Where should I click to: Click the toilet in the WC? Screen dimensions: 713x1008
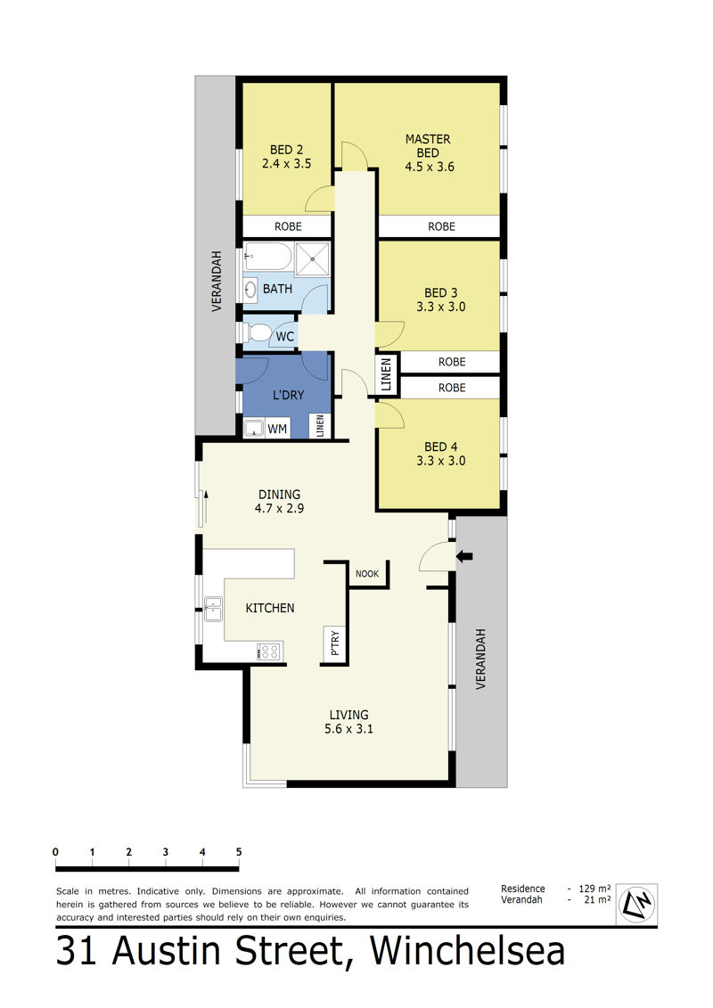tap(258, 332)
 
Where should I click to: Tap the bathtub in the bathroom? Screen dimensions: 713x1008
tap(269, 257)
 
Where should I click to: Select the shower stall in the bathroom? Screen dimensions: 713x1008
tap(313, 259)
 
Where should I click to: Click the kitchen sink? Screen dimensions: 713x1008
tap(213, 610)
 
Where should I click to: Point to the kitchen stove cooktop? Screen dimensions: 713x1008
tap(269, 652)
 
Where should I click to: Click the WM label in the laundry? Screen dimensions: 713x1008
tap(277, 429)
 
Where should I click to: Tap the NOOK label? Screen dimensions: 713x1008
tap(367, 573)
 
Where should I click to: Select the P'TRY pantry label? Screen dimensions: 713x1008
tap(334, 643)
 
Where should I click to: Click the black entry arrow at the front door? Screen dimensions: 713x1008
tap(464, 556)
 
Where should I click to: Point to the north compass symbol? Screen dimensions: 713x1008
tap(636, 903)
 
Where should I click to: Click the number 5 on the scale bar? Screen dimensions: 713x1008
tap(239, 852)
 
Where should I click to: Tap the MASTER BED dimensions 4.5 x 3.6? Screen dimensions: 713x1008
tap(430, 168)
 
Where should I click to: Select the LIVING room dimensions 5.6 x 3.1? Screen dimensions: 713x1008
tap(348, 729)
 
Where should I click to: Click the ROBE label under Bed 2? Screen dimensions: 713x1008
tap(288, 226)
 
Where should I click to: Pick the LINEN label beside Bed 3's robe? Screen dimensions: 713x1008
tap(387, 375)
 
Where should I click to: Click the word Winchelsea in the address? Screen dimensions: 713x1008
tap(467, 952)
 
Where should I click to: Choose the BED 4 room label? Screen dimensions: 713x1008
tap(441, 447)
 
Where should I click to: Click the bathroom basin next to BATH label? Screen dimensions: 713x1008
tap(250, 290)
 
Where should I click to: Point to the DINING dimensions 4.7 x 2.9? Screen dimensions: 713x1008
tap(279, 509)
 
